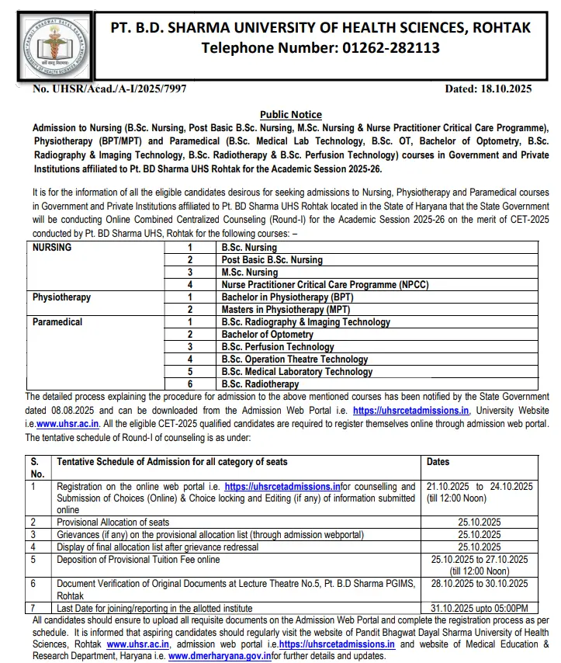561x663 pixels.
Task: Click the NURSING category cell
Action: [52, 248]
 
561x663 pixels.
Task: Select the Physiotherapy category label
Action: [61, 297]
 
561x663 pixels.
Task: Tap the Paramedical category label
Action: [57, 322]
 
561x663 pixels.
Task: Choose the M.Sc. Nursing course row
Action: [249, 272]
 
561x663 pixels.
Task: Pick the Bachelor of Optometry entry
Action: [268, 335]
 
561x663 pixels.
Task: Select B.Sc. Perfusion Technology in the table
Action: [278, 347]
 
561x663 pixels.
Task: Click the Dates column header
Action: [438, 462]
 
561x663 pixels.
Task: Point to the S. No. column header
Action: [37, 467]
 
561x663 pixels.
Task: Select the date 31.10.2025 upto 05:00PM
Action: [479, 608]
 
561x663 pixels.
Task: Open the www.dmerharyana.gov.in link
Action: [220, 656]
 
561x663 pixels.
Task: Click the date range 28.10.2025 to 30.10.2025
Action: [479, 583]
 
